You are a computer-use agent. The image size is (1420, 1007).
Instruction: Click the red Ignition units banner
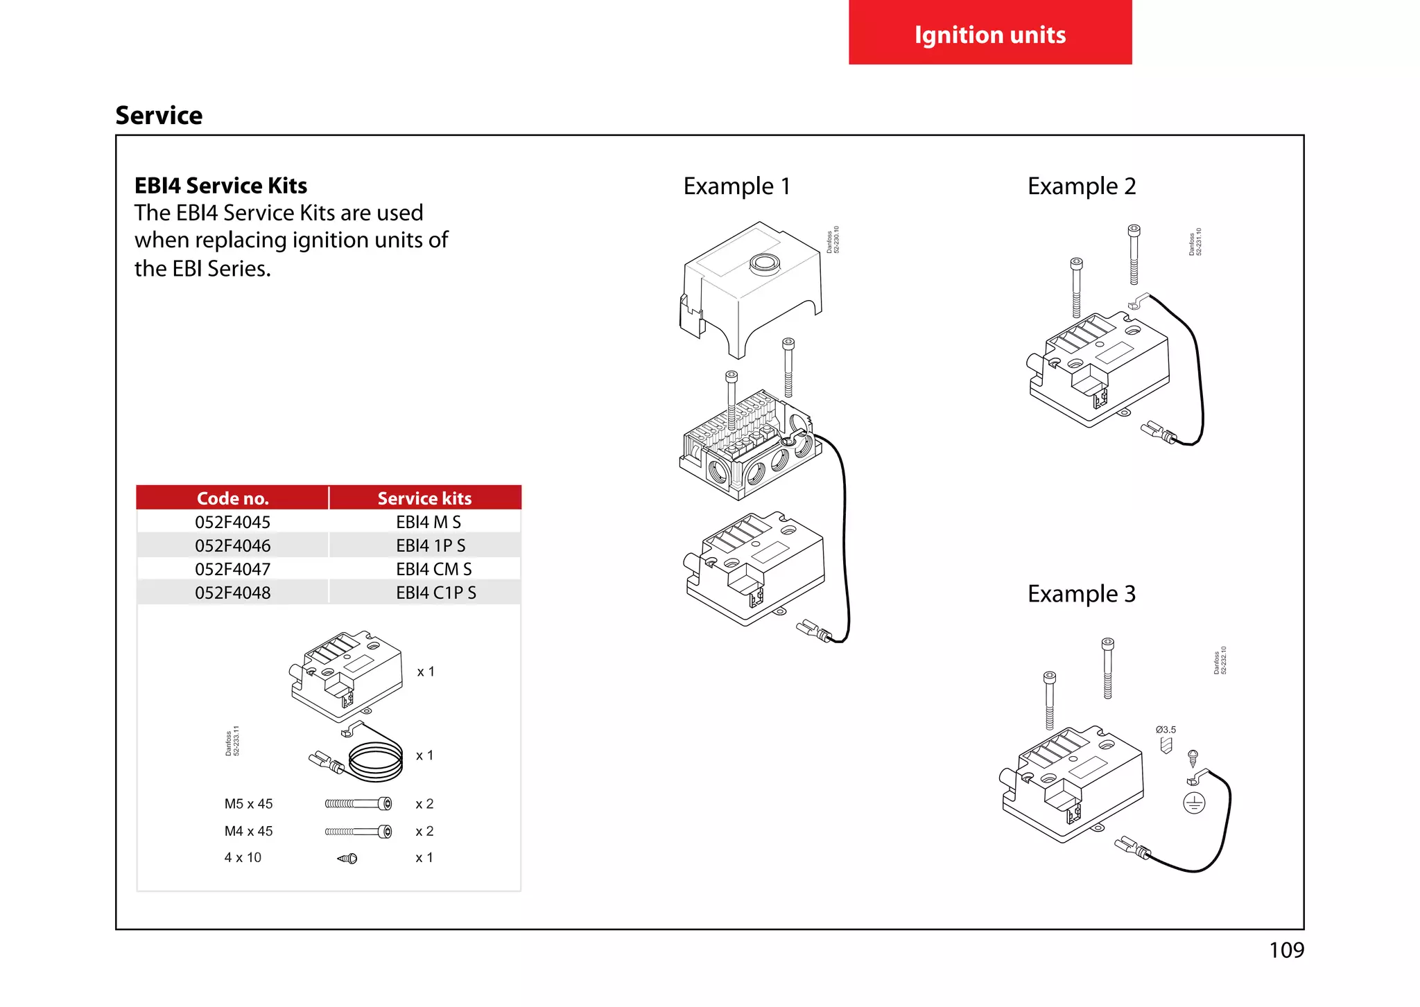[x=989, y=33]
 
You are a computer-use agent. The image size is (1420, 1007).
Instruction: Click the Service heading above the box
[x=159, y=115]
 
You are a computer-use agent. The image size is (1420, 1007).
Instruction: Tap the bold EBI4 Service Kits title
[x=220, y=186]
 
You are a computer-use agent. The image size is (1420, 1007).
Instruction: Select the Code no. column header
[x=232, y=498]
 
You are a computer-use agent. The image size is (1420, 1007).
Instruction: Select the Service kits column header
[x=424, y=498]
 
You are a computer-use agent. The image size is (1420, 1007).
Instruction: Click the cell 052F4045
[x=232, y=522]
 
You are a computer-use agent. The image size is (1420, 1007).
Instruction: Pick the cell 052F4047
[x=232, y=569]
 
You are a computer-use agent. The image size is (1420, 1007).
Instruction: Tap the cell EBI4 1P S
[x=431, y=545]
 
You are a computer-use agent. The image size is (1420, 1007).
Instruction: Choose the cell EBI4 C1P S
[x=435, y=593]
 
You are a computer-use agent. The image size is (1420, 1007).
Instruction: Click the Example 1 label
[x=736, y=186]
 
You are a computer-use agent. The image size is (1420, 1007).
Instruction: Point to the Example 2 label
[x=1081, y=186]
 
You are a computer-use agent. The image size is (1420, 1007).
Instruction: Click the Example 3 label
[x=1081, y=594]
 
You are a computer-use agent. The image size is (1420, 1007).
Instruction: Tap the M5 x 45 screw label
[x=248, y=804]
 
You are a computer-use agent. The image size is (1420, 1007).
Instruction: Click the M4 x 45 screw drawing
[x=358, y=831]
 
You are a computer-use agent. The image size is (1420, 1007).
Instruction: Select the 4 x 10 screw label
[x=243, y=857]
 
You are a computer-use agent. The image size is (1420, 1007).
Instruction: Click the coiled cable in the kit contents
[x=375, y=760]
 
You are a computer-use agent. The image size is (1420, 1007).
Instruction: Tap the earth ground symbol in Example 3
[x=1194, y=803]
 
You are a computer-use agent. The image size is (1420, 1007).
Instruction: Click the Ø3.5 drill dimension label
[x=1166, y=730]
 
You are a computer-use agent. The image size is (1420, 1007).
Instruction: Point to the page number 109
[x=1286, y=949]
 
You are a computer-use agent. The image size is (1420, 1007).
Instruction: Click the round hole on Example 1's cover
[x=765, y=263]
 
